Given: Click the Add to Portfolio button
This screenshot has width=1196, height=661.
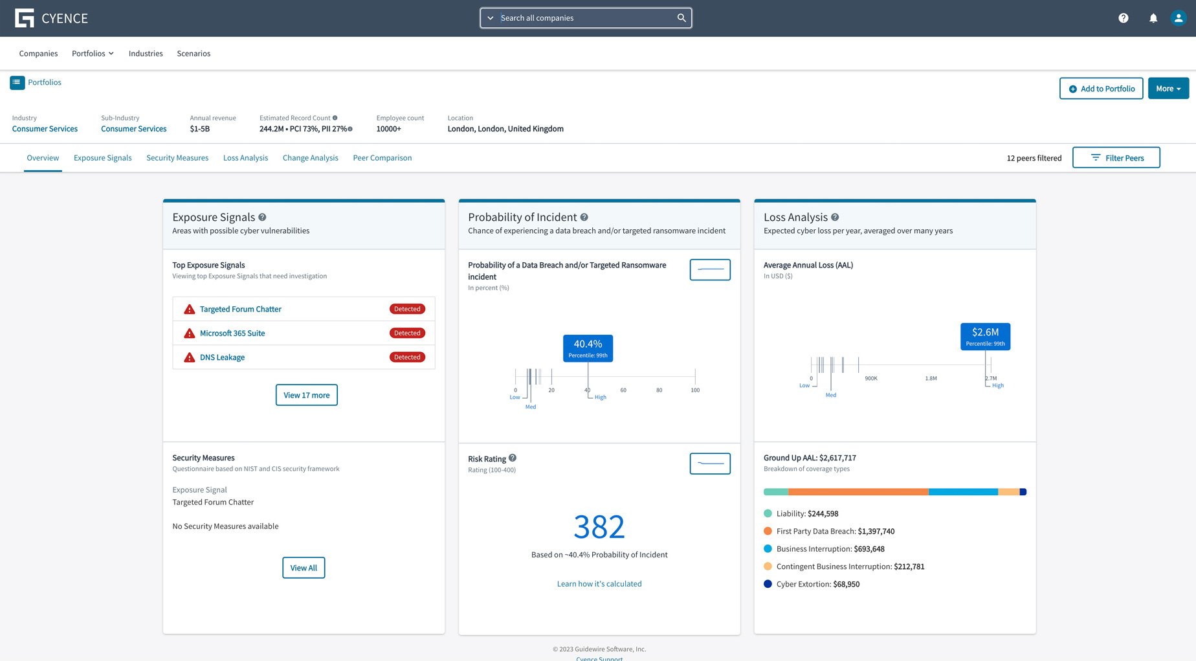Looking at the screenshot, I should click(x=1101, y=89).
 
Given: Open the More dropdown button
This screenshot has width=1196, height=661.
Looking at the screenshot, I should click(x=1168, y=89).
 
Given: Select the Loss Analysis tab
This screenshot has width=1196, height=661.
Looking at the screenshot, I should click(x=245, y=158).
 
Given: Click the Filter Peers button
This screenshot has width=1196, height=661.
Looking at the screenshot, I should click(x=1116, y=158).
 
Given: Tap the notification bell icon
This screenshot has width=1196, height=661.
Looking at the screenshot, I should click(x=1153, y=18).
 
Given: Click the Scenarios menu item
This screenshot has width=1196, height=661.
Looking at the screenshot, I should click(x=194, y=54).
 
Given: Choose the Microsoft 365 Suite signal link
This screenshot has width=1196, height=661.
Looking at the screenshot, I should click(x=232, y=333).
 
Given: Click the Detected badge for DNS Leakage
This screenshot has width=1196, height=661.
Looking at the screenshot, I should click(x=407, y=357).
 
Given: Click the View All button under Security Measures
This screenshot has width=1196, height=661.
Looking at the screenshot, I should click(x=304, y=568).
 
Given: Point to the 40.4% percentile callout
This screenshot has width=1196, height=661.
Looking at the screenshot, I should click(x=588, y=348).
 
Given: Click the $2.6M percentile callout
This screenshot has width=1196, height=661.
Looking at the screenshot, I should click(x=985, y=337).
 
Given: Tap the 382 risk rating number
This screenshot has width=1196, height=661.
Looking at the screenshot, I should click(x=599, y=527).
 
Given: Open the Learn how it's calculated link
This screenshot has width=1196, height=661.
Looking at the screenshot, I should click(x=599, y=584).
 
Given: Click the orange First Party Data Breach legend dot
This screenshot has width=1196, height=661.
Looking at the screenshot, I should click(x=768, y=532).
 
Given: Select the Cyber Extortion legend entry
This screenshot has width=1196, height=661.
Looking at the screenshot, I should click(x=817, y=584).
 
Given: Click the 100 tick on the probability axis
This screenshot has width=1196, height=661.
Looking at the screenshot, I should click(x=695, y=390).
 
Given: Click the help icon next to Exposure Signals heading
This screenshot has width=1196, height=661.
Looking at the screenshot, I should click(x=262, y=218).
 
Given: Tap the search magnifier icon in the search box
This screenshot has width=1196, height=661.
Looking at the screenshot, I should click(x=681, y=18).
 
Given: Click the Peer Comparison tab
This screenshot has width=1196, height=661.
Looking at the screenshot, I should click(x=382, y=158).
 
